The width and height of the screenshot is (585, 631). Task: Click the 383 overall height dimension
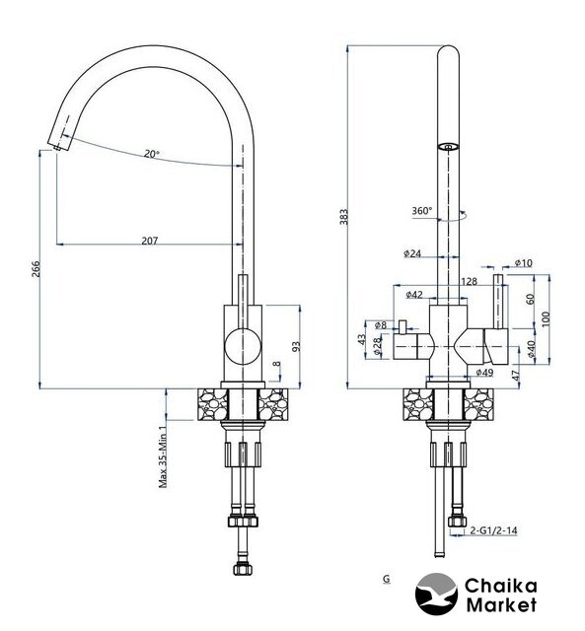[x=343, y=217]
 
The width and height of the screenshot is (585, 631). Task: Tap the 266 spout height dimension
[x=36, y=269]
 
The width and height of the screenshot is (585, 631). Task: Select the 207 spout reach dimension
[x=150, y=241]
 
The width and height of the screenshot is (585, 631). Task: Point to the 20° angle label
[x=152, y=154]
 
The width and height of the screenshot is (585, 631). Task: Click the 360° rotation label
[x=422, y=211]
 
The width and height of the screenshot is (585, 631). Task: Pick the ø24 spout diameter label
[x=412, y=253]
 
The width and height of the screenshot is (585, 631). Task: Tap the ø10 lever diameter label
[x=523, y=263]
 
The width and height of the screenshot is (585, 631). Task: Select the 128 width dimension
[x=469, y=281]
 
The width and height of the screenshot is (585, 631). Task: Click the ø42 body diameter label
[x=414, y=294]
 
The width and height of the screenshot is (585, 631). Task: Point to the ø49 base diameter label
[x=484, y=373]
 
